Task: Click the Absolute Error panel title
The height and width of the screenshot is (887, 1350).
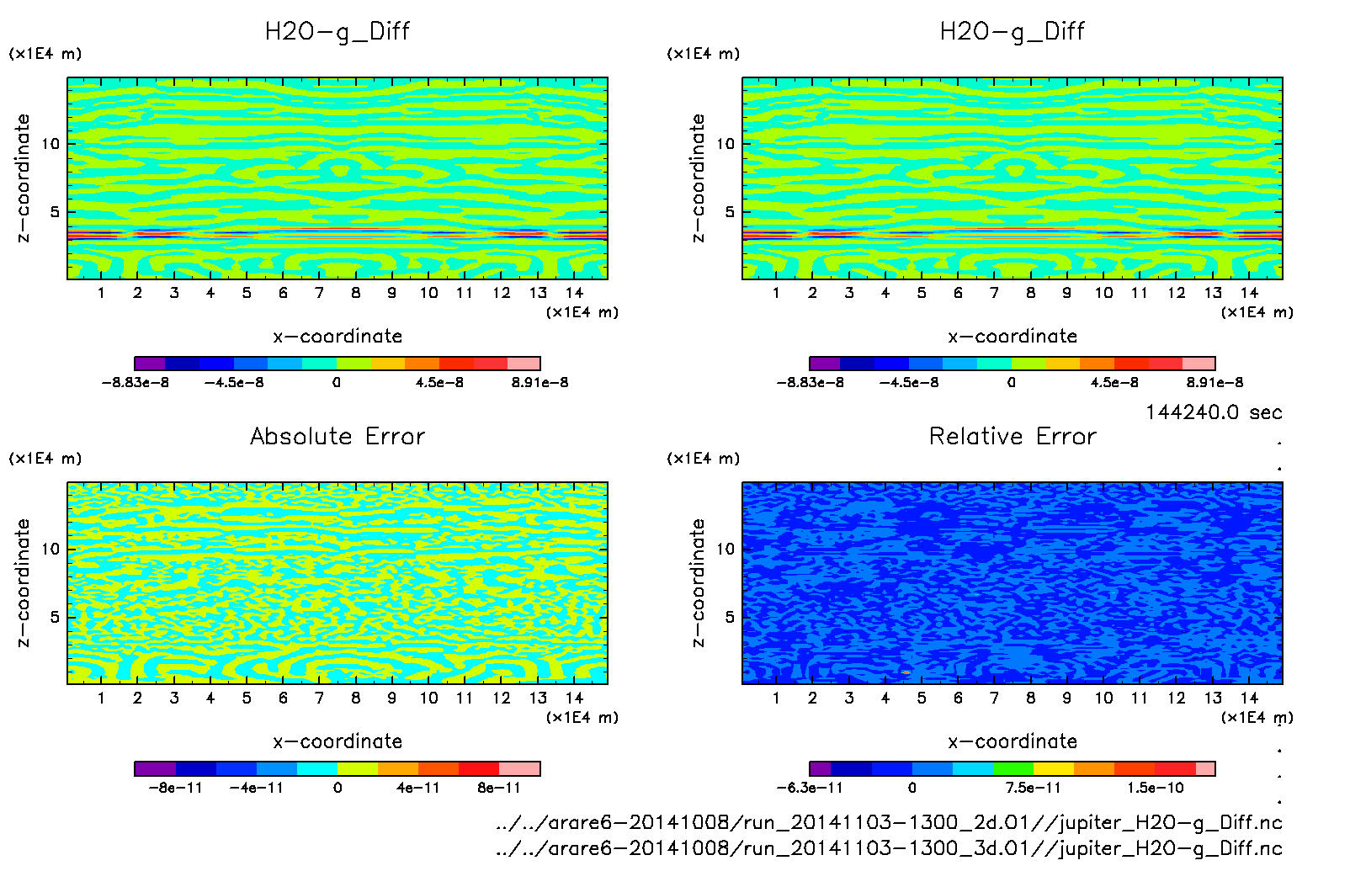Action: [337, 436]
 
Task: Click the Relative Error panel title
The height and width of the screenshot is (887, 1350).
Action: [1012, 436]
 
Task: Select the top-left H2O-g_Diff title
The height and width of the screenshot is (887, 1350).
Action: [337, 31]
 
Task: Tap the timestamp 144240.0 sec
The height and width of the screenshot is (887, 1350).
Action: [1214, 412]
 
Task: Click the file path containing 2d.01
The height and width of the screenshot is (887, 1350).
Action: [889, 822]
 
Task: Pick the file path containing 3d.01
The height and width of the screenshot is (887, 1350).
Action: [889, 847]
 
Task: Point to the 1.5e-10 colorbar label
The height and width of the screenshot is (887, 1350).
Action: [1156, 788]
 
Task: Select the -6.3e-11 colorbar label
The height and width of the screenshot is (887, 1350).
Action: [810, 788]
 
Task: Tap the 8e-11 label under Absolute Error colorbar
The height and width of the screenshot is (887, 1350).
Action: [499, 788]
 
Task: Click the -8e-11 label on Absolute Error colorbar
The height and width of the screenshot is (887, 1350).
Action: [176, 788]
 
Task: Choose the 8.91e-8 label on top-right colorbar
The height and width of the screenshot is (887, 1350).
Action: [1214, 382]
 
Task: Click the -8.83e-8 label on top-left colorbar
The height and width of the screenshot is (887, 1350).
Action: [136, 382]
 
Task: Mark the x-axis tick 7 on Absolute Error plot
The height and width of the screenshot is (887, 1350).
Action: [319, 698]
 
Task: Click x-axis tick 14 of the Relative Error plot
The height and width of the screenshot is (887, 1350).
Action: [1249, 698]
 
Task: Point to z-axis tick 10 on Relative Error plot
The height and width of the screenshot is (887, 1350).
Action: [725, 549]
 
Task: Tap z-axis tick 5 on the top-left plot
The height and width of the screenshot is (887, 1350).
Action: [55, 212]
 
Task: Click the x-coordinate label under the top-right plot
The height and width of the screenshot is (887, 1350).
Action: [1012, 336]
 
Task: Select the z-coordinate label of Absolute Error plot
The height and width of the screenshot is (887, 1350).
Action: [24, 582]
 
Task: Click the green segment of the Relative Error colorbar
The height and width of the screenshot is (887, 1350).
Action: [1012, 768]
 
